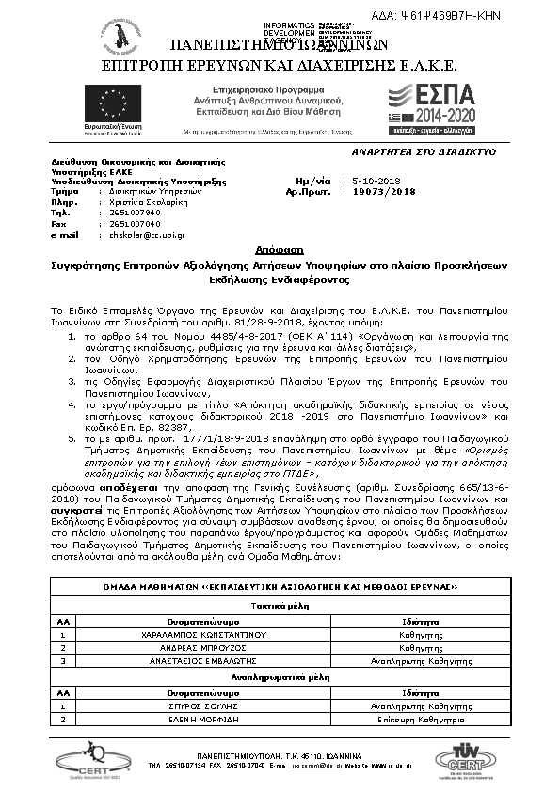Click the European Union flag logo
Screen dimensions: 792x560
tap(105, 103)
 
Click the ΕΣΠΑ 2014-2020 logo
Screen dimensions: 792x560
tap(435, 108)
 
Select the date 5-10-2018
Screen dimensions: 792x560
tap(376, 180)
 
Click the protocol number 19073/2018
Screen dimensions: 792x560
tap(383, 190)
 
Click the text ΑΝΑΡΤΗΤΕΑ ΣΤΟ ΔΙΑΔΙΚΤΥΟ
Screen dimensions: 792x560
tap(424, 150)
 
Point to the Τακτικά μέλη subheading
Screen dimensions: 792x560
tap(280, 608)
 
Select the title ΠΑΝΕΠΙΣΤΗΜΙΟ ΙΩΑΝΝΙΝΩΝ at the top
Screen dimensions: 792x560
tap(280, 44)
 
